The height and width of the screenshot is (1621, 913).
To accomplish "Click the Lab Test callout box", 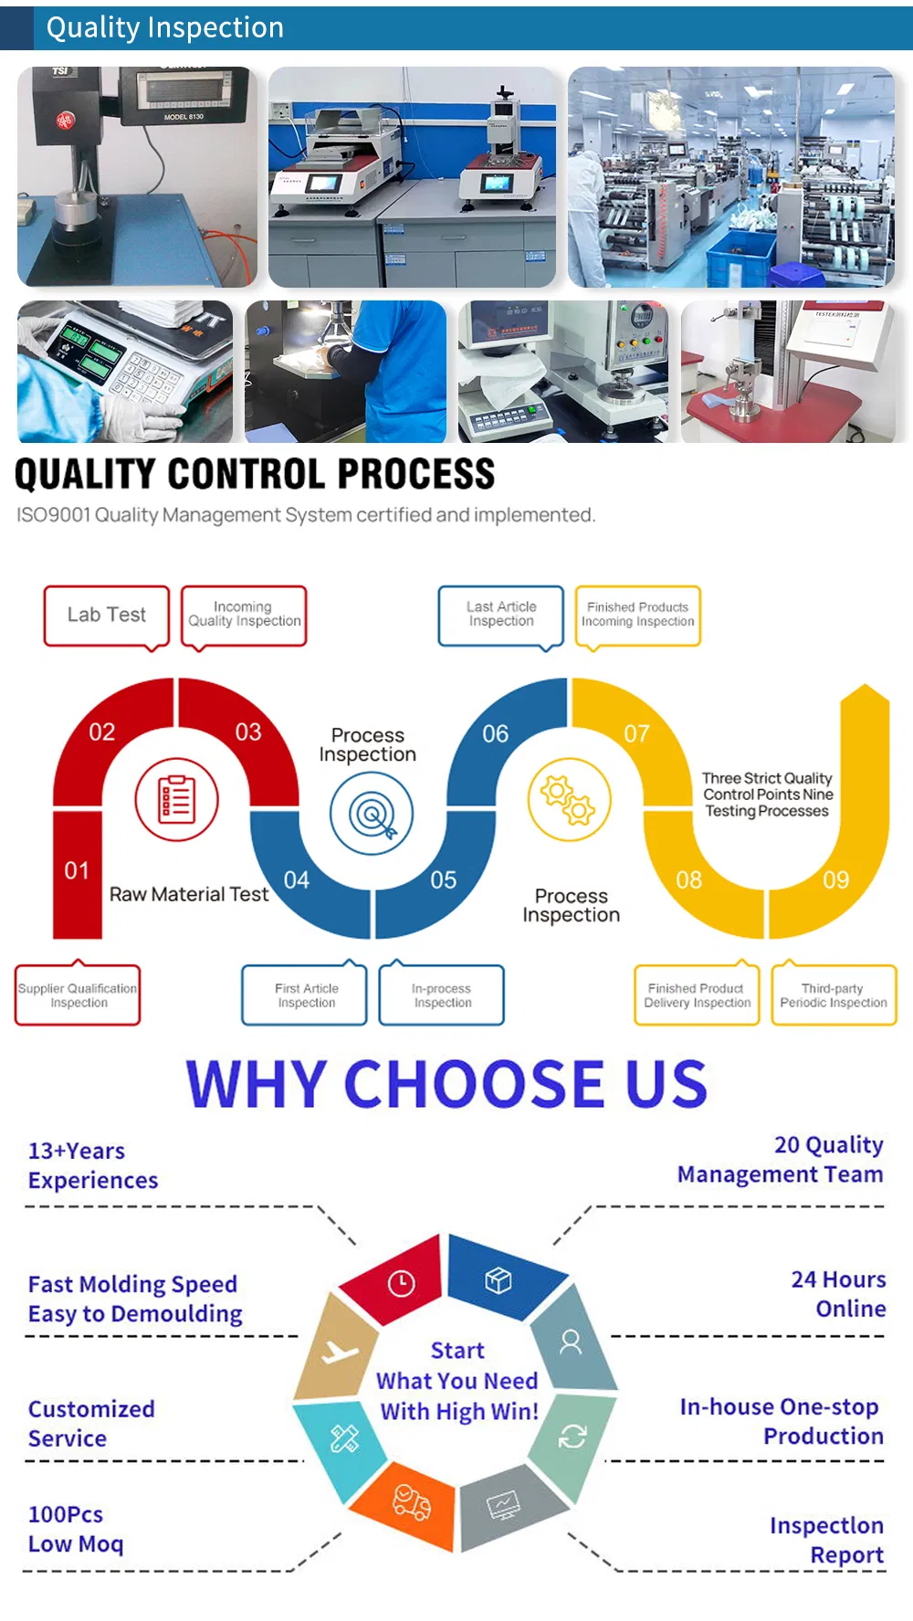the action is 107,616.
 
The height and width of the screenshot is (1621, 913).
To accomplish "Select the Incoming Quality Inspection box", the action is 244,616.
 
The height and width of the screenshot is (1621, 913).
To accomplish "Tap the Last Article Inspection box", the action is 501,616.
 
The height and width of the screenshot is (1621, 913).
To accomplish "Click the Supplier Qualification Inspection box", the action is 78,994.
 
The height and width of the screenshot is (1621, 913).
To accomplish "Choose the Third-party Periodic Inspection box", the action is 834,994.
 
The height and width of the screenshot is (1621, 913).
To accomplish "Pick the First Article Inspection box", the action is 305,994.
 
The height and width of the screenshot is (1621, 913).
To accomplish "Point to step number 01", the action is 77,871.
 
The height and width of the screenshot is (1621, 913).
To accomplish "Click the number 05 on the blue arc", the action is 444,880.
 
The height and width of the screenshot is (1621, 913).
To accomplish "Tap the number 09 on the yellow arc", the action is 836,880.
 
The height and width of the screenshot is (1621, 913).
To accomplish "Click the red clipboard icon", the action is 177,800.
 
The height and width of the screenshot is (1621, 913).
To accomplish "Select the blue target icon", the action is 372,814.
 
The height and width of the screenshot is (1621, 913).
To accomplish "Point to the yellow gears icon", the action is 570,799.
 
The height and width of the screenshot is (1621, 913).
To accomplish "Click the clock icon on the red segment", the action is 402,1283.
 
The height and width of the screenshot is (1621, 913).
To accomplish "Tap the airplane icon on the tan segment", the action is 340,1352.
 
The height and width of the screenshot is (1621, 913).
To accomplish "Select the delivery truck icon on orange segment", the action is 412,1502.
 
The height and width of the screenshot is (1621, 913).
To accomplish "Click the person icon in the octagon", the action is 571,1342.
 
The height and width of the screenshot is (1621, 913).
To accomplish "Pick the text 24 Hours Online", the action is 838,1294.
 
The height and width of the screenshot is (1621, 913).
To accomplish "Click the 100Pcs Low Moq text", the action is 75,1529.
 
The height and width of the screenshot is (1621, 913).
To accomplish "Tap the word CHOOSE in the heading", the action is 474,1084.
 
